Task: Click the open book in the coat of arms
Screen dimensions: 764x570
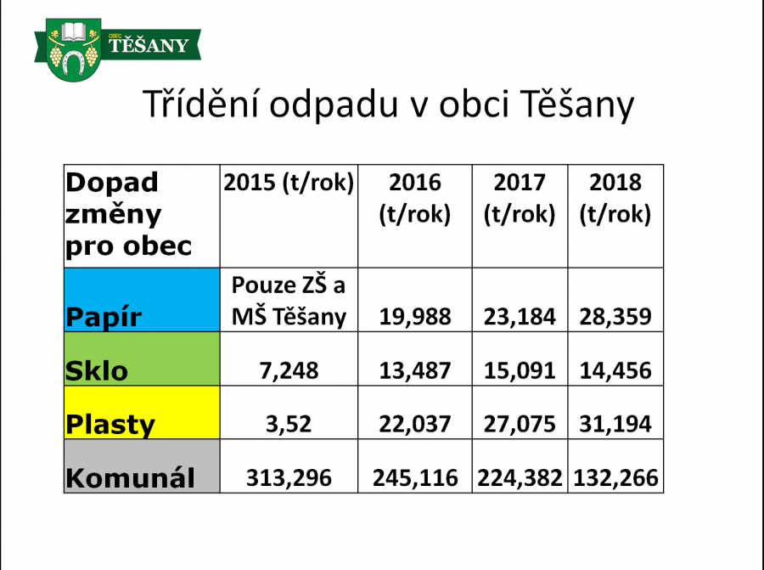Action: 74,32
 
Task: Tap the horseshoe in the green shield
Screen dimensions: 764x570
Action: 75,63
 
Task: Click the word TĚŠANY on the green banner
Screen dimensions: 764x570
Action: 148,45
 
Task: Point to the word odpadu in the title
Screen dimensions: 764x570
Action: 334,104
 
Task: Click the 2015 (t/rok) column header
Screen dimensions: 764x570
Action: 289,183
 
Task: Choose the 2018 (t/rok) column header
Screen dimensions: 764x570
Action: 615,198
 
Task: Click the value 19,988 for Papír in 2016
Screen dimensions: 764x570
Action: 414,317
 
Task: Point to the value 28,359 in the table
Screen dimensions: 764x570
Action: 615,317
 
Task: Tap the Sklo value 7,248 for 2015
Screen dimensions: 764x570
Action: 289,370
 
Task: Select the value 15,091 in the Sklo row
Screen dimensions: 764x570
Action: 520,370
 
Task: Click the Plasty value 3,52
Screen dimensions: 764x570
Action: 289,424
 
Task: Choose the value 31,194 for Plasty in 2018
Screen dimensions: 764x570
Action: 615,424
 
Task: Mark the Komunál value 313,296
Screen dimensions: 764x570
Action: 289,478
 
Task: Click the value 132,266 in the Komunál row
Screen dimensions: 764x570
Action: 615,478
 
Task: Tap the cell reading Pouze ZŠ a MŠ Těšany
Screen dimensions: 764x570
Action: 289,301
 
